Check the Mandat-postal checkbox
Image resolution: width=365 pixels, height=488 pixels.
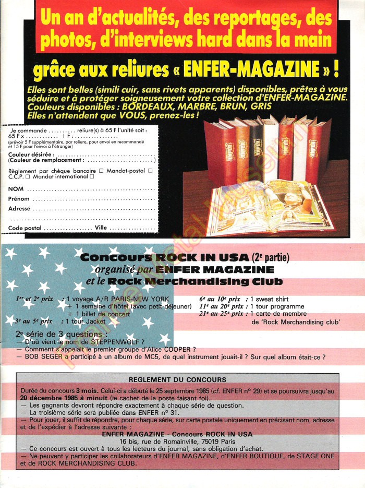pyautogui.click(x=150, y=170)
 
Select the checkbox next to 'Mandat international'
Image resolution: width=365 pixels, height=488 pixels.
pyautogui.click(x=92, y=176)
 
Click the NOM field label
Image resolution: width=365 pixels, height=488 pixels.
pyautogui.click(x=16, y=189)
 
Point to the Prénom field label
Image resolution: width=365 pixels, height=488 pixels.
pyautogui.click(x=19, y=199)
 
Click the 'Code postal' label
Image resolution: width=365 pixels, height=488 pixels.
pyautogui.click(x=25, y=228)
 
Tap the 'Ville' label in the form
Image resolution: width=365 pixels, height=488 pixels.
pyautogui.click(x=101, y=228)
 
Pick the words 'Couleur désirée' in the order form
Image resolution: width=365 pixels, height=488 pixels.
pyautogui.click(x=30, y=155)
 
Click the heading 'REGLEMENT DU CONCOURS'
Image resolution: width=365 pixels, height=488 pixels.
pyautogui.click(x=177, y=379)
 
